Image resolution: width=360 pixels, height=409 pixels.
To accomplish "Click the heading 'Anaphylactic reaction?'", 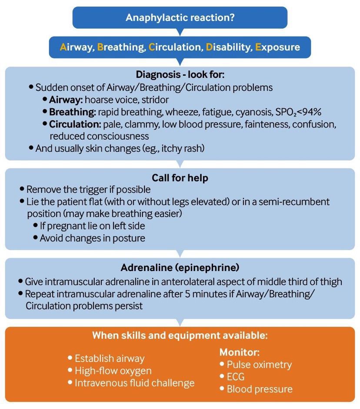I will (x=180, y=17).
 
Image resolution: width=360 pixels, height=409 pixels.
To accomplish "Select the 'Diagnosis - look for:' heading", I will (x=180, y=74).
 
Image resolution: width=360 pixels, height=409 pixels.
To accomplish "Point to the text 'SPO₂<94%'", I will (x=300, y=112).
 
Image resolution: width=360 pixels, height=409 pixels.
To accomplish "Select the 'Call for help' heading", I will (x=180, y=178).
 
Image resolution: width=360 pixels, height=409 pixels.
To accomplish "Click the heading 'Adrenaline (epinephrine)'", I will (x=180, y=267).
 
